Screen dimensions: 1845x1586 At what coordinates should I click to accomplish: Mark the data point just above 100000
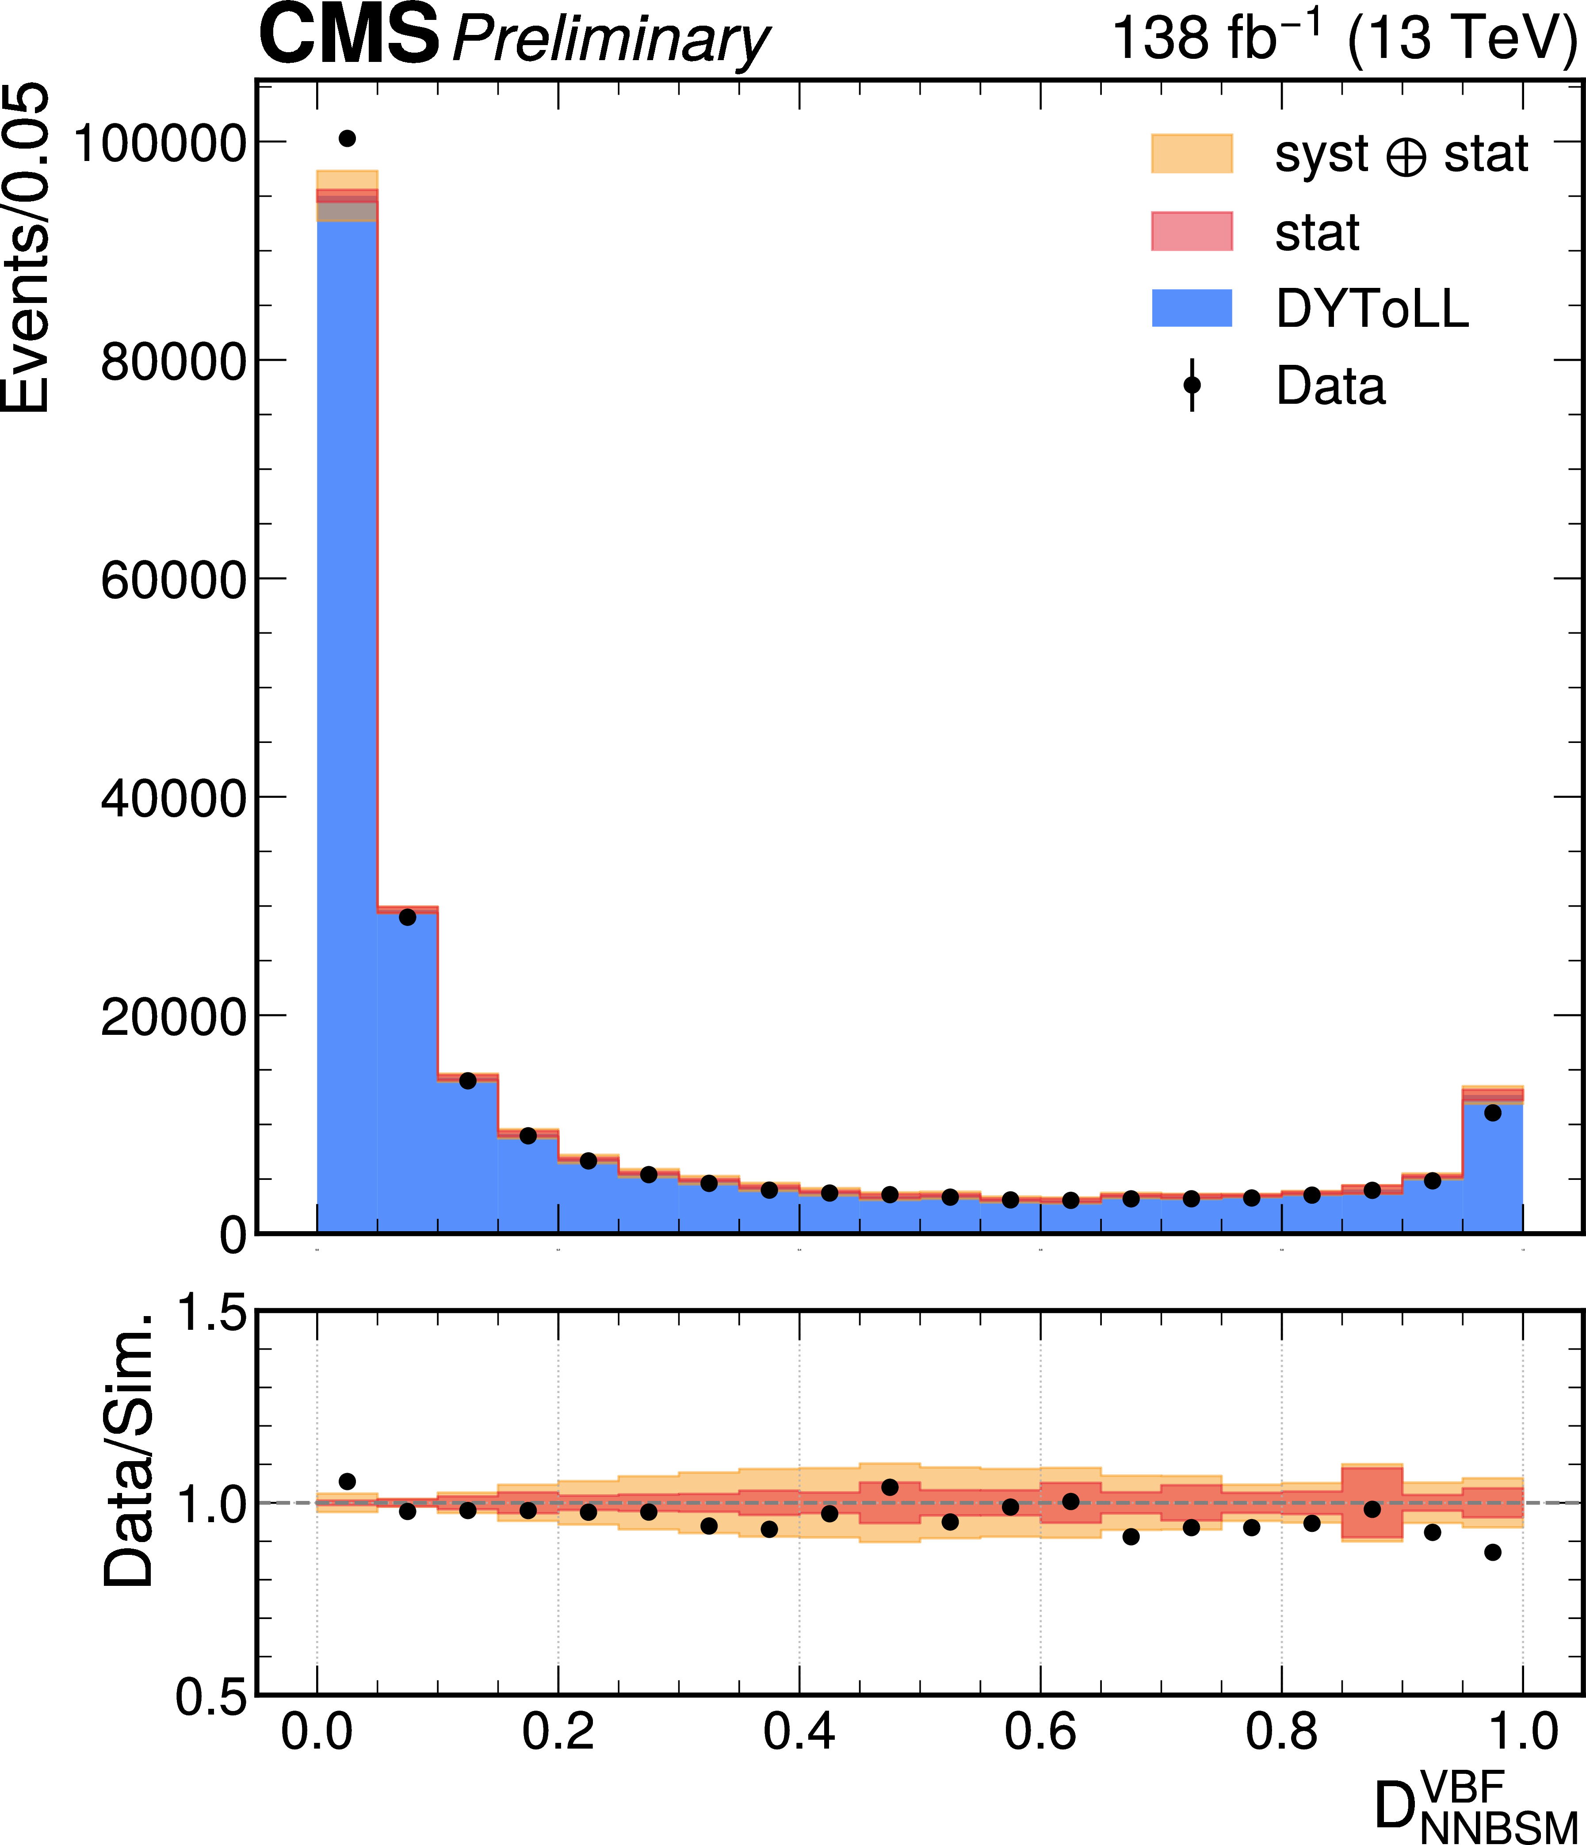click(x=347, y=138)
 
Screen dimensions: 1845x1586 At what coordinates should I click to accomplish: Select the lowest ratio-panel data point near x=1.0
click(x=1493, y=1552)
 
